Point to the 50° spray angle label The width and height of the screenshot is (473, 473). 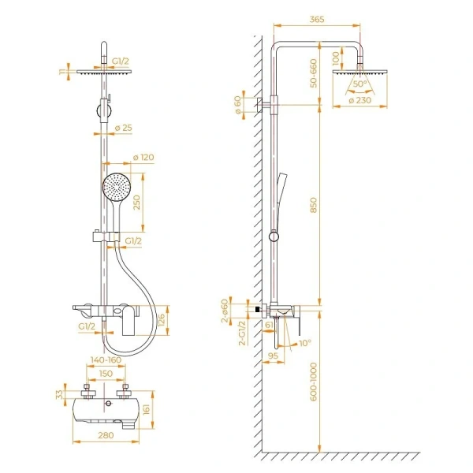click(359, 84)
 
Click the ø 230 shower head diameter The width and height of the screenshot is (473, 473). click(360, 101)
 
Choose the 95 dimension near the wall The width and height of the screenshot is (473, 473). click(273, 356)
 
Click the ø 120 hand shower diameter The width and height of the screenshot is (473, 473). click(143, 158)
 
